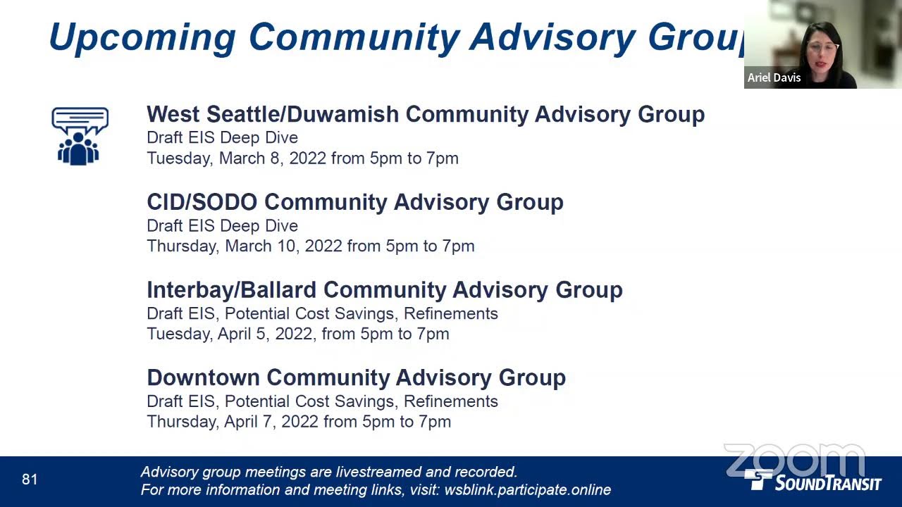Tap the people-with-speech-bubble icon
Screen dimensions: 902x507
click(80, 136)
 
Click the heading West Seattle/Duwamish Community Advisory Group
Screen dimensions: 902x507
click(426, 115)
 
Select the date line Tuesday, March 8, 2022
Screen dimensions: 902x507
click(302, 158)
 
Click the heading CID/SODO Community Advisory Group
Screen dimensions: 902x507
click(354, 202)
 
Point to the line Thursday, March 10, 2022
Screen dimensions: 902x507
click(311, 246)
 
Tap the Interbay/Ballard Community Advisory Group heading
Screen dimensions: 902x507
click(385, 290)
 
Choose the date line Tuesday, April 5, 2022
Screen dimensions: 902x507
click(298, 334)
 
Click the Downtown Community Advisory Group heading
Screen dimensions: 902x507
click(357, 378)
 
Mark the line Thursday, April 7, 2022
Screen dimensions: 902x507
click(299, 422)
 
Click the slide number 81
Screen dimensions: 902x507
click(30, 480)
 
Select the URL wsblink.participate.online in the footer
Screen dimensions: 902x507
click(528, 489)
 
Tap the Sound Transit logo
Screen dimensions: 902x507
click(813, 481)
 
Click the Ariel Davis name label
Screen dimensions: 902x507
click(774, 77)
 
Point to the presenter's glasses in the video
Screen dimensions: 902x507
click(822, 48)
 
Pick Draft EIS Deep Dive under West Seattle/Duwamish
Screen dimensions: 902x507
click(222, 137)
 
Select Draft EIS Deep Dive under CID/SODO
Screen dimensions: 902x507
click(222, 226)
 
